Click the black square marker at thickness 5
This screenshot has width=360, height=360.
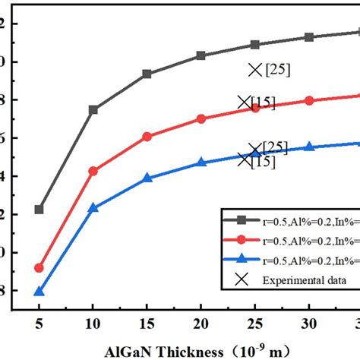coord(39,210)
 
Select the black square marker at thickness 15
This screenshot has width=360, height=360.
coord(147,74)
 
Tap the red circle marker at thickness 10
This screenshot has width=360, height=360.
coord(93,171)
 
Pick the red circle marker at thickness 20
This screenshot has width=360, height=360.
coord(201,119)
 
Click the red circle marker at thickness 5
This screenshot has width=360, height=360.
coord(39,268)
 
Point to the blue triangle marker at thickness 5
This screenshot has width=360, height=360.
coord(39,292)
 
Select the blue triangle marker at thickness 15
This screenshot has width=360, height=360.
coord(147,178)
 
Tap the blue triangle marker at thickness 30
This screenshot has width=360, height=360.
coord(309,147)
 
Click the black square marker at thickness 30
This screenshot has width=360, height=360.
coord(309,37)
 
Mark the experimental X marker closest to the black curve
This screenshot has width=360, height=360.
coord(255,70)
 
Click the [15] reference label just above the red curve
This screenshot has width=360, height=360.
coord(263,103)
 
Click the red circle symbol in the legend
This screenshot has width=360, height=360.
coord(242,238)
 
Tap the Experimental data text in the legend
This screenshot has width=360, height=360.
coord(301,279)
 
